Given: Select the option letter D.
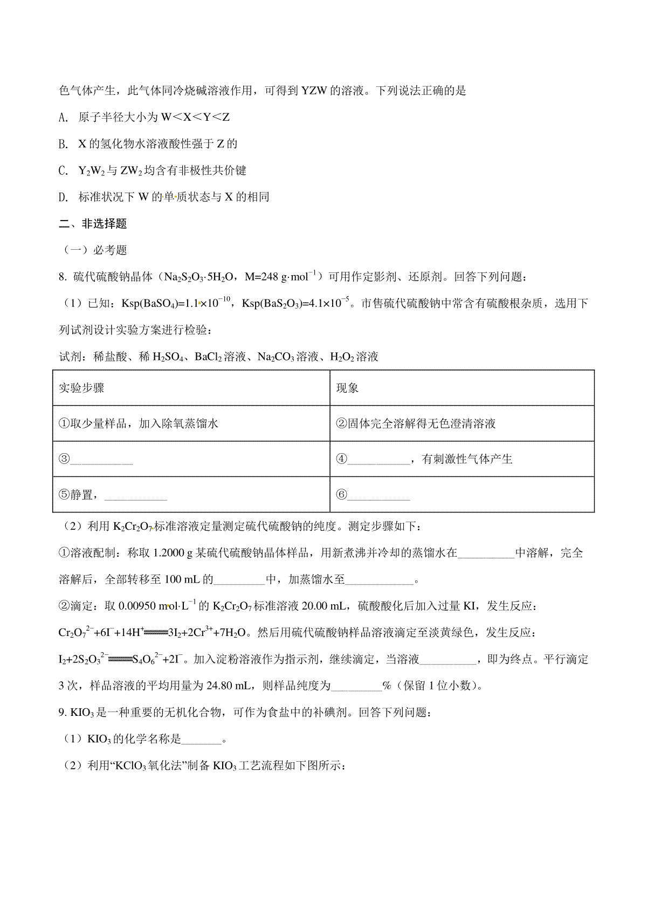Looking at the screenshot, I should point(62,197).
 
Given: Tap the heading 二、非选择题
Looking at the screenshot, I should point(92,224).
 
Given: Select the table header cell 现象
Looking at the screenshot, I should point(347,388).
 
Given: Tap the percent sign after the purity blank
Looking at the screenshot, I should point(386,686).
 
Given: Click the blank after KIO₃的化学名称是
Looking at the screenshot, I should point(202,740).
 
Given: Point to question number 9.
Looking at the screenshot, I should point(63,713).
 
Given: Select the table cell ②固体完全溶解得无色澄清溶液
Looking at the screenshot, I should point(415,424).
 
